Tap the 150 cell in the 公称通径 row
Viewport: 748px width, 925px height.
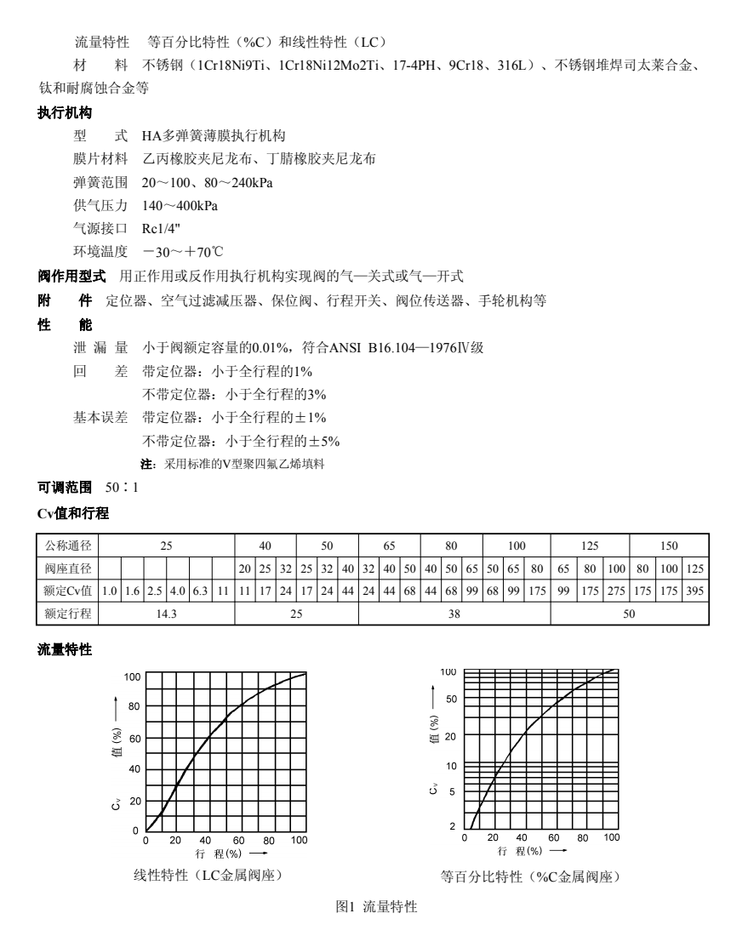point(669,546)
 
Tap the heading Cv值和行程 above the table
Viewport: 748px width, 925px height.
point(71,514)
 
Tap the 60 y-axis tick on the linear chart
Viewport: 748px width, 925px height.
point(134,739)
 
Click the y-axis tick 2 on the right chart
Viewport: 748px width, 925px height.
point(454,825)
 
